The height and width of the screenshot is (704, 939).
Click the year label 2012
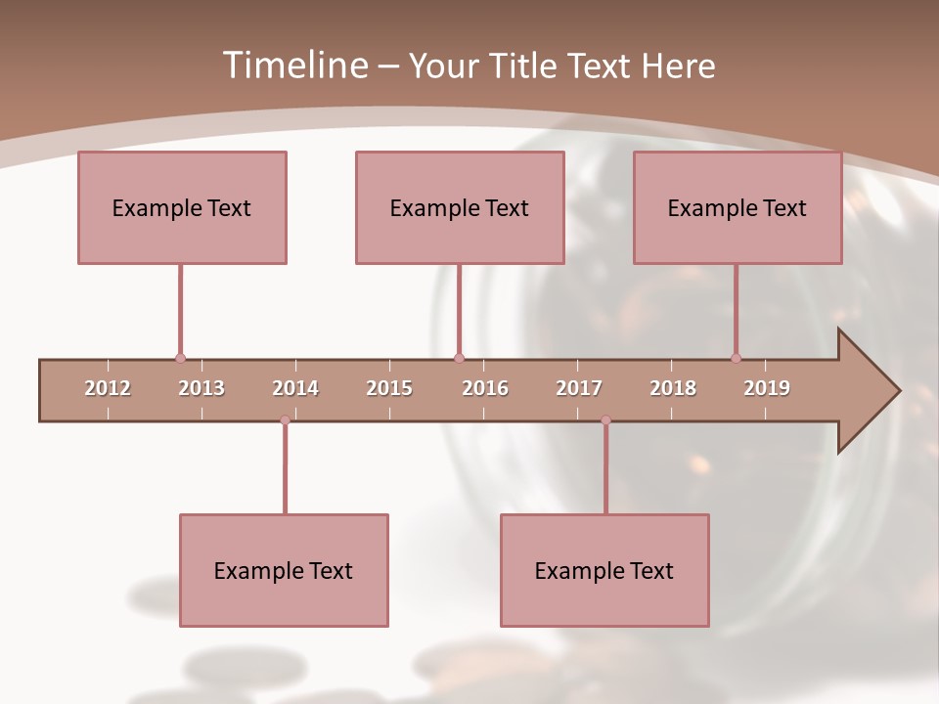[x=108, y=388]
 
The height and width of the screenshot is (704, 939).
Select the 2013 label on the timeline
[x=201, y=388]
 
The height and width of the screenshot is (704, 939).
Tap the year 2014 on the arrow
[x=295, y=388]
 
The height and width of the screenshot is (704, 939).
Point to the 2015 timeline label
[x=389, y=388]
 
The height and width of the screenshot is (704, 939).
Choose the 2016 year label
[x=485, y=388]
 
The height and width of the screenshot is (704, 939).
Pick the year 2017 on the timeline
[x=579, y=388]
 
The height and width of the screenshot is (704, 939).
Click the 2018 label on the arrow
[x=673, y=388]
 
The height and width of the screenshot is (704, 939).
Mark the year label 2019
[x=767, y=388]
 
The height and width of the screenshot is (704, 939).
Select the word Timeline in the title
[x=292, y=66]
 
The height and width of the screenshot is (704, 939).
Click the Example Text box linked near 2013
[x=182, y=207]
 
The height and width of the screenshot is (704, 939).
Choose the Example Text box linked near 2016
[x=460, y=207]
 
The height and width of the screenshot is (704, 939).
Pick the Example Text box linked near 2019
[x=738, y=207]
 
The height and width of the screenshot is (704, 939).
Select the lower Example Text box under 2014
[x=284, y=570]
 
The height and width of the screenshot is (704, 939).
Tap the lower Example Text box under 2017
[x=604, y=570]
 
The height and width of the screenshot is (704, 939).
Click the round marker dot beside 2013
[x=180, y=358]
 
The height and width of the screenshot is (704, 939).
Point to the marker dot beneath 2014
[x=285, y=420]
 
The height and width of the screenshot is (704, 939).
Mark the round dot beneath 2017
[x=605, y=420]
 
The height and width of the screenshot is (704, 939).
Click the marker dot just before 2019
[x=736, y=358]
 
